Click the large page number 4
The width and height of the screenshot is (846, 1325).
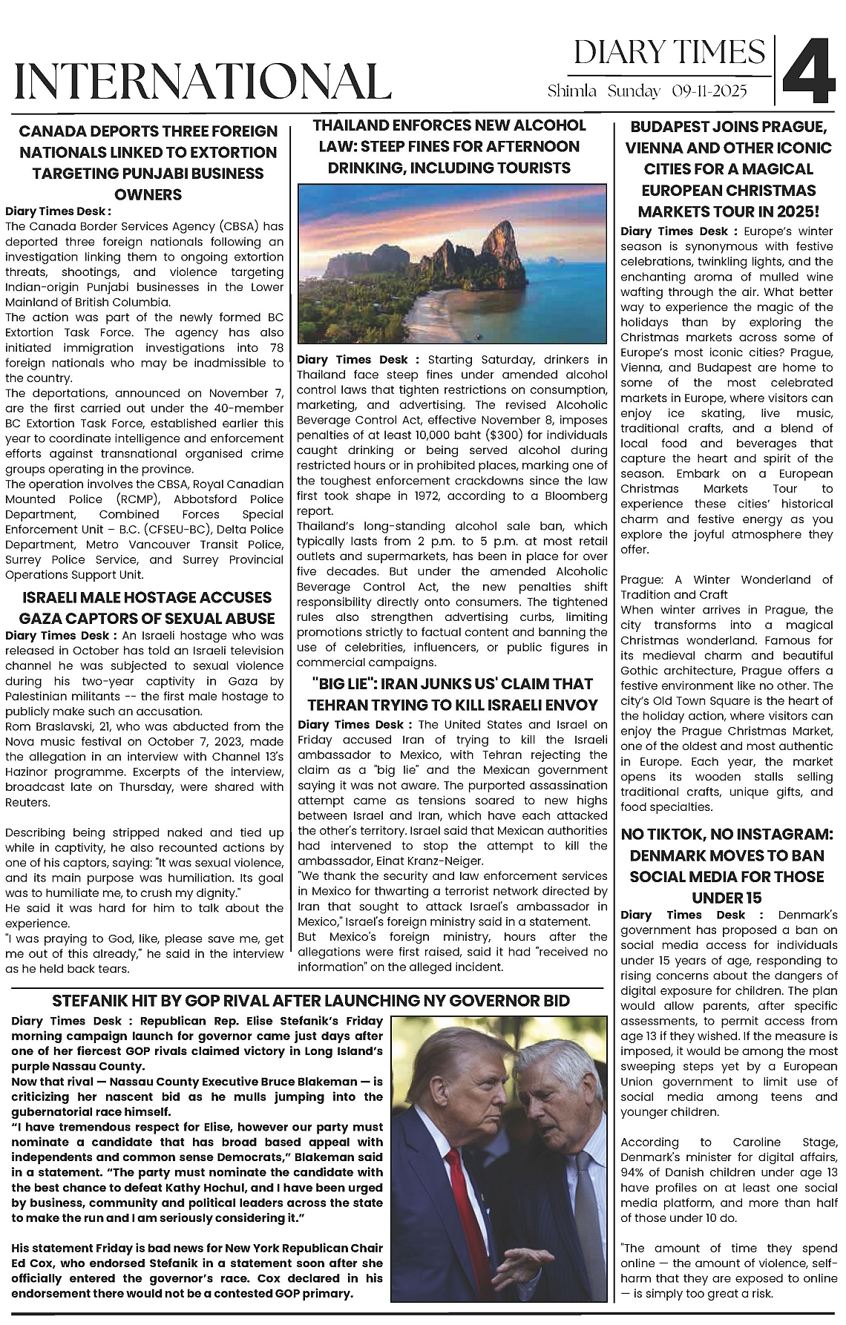810,72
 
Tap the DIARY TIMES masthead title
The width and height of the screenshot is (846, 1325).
669,53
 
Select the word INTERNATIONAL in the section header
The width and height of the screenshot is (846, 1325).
203,82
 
